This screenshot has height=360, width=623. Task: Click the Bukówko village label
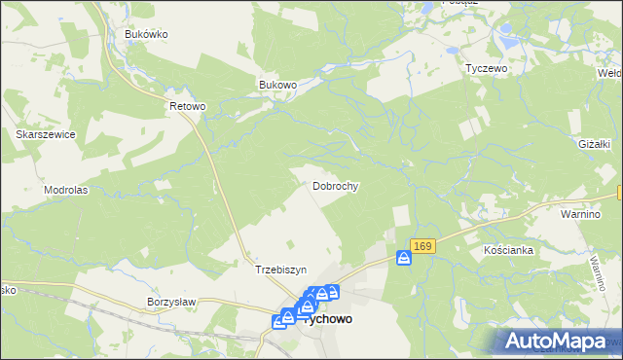(x=147, y=34)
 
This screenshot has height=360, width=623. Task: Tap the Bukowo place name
(x=277, y=85)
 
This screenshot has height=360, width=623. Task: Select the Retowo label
(x=188, y=105)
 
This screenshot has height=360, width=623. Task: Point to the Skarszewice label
(x=46, y=134)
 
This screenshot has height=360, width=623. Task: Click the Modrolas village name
(x=66, y=190)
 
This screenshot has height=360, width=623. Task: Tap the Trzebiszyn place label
(x=280, y=270)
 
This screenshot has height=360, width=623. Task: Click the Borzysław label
(x=171, y=302)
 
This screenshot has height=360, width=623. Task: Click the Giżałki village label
(x=592, y=144)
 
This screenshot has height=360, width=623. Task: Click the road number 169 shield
(x=422, y=247)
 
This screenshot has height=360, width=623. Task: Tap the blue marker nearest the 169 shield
(x=404, y=258)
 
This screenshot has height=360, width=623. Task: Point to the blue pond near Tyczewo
(x=505, y=44)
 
